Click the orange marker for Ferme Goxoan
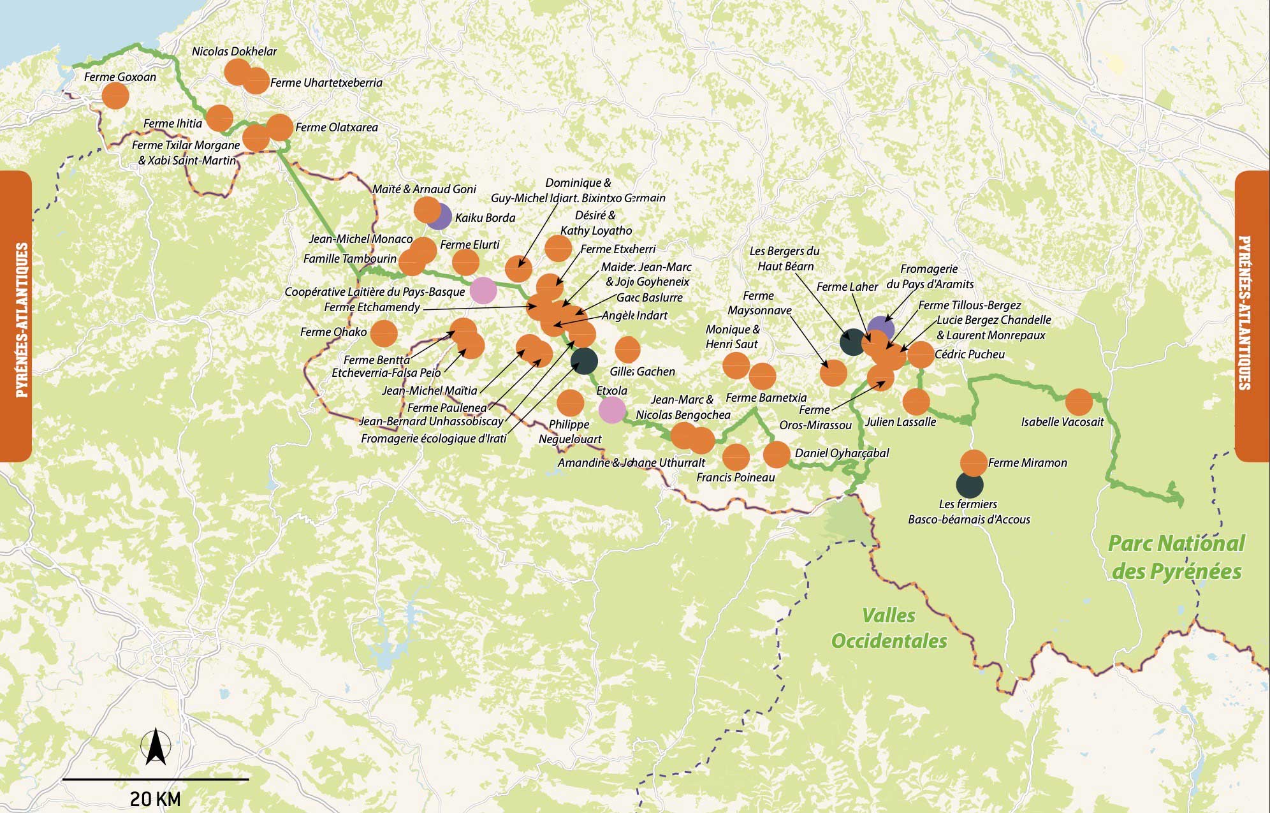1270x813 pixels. click(x=115, y=96)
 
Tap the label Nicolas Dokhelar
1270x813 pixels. click(x=234, y=52)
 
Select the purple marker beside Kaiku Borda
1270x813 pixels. click(x=439, y=217)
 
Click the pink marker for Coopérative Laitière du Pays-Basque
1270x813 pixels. click(x=483, y=291)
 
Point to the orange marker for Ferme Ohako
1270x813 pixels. click(x=384, y=333)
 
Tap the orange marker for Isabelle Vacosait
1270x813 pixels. click(x=1079, y=402)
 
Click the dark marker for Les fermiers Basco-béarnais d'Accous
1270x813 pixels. click(x=970, y=485)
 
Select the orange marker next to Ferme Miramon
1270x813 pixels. click(x=973, y=463)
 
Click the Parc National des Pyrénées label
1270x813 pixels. click(x=1176, y=557)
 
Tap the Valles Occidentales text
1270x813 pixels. click(x=889, y=628)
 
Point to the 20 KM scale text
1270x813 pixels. click(x=155, y=799)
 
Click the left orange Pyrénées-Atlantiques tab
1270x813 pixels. click(x=15, y=317)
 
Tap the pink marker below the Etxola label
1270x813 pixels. click(x=612, y=410)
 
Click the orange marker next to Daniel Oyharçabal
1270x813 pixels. click(x=777, y=455)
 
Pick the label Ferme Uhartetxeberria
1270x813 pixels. click(x=326, y=83)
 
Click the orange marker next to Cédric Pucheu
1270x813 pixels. click(x=921, y=355)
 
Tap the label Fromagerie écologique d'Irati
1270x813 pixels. click(x=434, y=439)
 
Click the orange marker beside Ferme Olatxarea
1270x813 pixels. click(x=279, y=128)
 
